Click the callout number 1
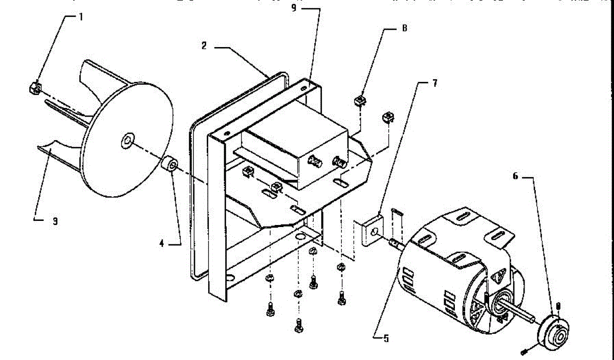(80, 17)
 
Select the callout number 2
(204, 46)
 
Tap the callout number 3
(55, 221)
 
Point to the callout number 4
(162, 244)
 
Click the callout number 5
(386, 337)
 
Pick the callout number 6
(515, 175)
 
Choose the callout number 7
(434, 83)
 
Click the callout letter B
(404, 29)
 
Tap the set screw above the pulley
(558, 306)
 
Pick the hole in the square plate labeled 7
(376, 233)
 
